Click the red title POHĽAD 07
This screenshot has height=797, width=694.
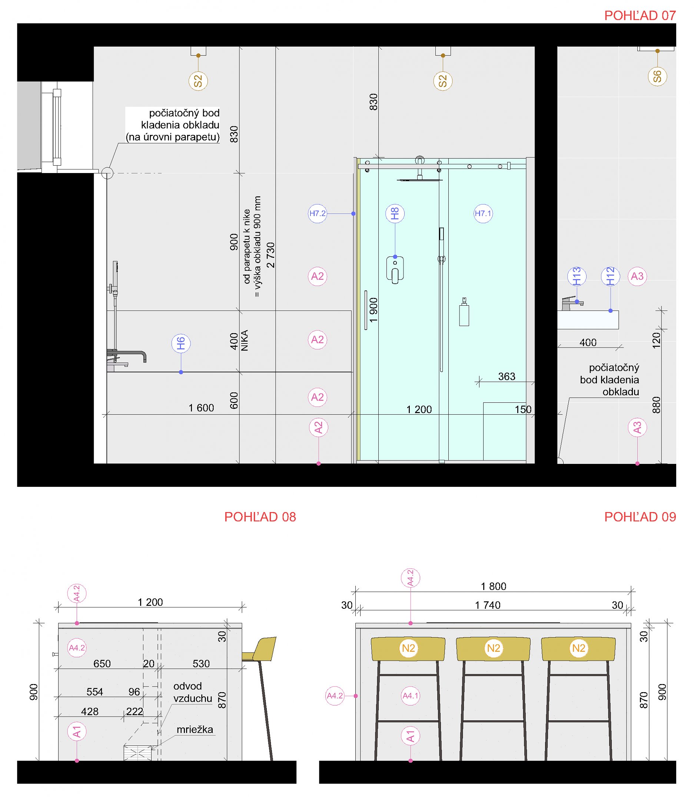(640, 16)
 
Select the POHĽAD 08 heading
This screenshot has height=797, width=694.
(260, 517)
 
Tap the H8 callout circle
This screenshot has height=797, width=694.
(395, 213)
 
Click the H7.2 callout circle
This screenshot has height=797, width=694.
(317, 213)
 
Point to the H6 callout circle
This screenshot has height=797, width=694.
(181, 343)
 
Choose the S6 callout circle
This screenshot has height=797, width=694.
(657, 76)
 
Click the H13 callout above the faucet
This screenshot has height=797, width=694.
(577, 276)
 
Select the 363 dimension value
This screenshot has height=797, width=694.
(507, 376)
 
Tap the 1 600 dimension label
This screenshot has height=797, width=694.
(202, 408)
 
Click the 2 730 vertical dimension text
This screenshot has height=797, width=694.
(271, 255)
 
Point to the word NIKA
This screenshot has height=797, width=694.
(245, 341)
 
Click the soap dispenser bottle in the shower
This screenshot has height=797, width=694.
(464, 312)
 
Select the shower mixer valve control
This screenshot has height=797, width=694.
(395, 269)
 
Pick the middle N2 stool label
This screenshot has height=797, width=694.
(494, 648)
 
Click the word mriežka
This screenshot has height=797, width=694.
(195, 730)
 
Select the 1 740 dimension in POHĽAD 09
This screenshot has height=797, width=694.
(488, 605)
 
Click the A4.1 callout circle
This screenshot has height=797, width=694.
(411, 696)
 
